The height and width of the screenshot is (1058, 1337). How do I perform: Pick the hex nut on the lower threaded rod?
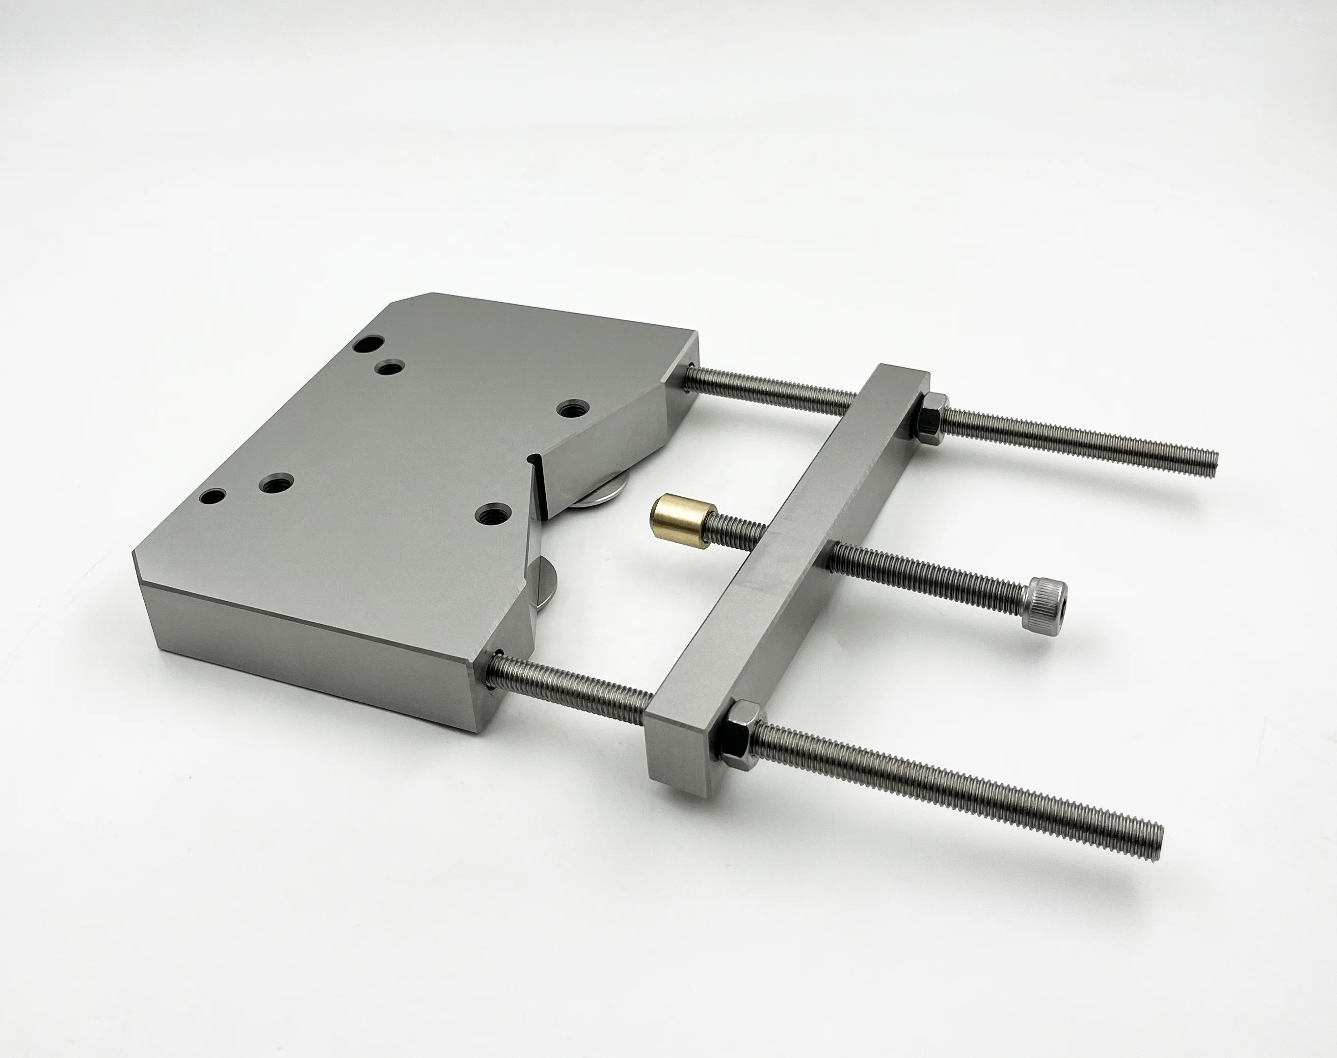click(x=737, y=735)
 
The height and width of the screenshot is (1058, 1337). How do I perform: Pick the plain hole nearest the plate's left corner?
click(x=213, y=496)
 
